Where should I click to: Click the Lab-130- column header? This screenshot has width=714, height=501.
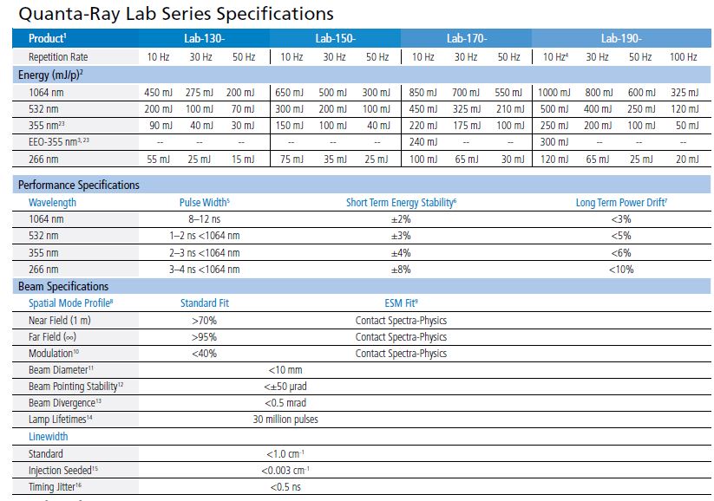pyautogui.click(x=204, y=38)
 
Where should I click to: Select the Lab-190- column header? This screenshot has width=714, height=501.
pyautogui.click(x=621, y=38)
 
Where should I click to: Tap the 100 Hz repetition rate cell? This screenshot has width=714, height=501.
pyautogui.click(x=683, y=56)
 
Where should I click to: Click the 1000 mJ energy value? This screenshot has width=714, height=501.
pyautogui.click(x=554, y=93)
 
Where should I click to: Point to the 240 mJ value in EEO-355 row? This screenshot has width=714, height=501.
pyautogui.click(x=423, y=142)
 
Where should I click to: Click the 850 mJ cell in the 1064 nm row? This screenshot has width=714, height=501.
pyautogui.click(x=423, y=93)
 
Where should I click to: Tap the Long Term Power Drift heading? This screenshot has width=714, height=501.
pyautogui.click(x=621, y=202)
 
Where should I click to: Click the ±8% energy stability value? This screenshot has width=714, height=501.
pyautogui.click(x=401, y=270)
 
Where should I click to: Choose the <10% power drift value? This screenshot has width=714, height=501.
pyautogui.click(x=621, y=270)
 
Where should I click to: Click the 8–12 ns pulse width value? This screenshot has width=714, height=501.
pyautogui.click(x=204, y=219)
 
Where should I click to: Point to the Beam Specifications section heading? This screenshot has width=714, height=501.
pyautogui.click(x=63, y=286)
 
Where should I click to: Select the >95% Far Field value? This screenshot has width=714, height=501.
pyautogui.click(x=204, y=336)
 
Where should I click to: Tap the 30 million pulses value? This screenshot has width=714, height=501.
pyautogui.click(x=285, y=420)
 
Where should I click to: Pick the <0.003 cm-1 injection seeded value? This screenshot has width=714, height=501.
pyautogui.click(x=285, y=470)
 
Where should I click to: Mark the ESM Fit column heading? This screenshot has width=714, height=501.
pyautogui.click(x=401, y=303)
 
